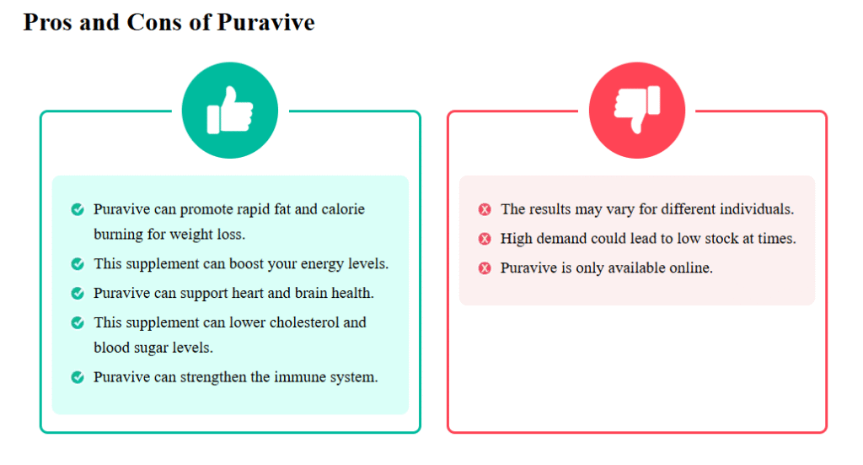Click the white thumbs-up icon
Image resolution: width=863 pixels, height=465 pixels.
pos(229,111)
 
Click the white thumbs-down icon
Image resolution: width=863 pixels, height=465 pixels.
pos(637,110)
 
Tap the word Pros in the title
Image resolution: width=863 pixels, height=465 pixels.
pos(48,23)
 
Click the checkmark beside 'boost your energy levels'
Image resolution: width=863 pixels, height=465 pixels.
pos(78,264)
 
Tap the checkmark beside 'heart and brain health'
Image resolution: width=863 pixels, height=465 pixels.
pos(78,293)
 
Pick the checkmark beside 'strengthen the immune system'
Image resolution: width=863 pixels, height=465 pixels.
pos(78,377)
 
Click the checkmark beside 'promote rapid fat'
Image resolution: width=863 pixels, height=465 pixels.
pos(78,209)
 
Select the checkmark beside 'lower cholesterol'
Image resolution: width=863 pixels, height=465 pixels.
pos(78,322)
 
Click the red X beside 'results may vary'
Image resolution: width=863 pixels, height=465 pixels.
pos(485,209)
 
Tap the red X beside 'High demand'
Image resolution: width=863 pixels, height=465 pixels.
pos(485,239)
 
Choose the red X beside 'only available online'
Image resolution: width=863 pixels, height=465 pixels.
pos(485,268)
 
